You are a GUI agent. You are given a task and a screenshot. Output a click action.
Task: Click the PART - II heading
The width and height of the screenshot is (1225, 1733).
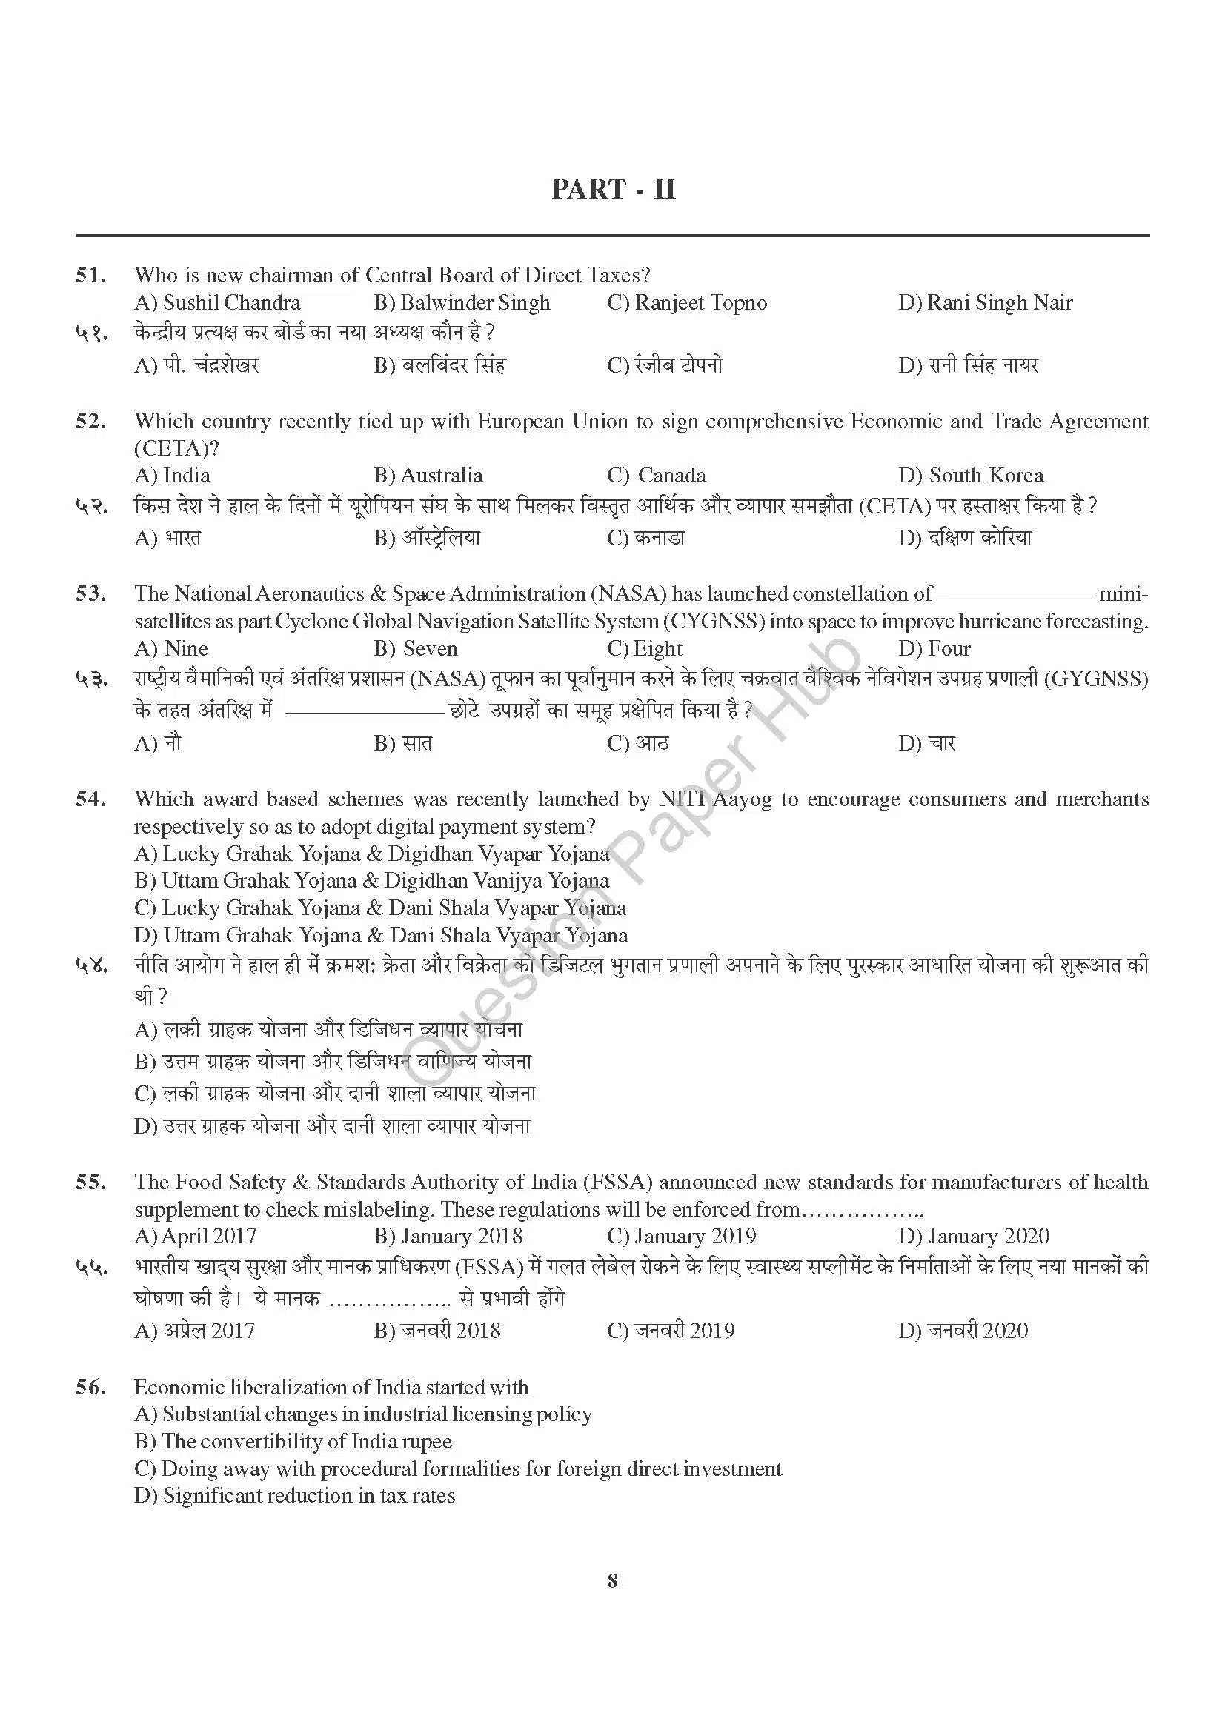pos(613,189)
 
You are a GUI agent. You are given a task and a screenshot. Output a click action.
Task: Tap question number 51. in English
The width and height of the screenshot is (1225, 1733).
pos(90,276)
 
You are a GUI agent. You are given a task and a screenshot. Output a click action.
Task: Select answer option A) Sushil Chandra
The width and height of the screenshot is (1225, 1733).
pos(217,304)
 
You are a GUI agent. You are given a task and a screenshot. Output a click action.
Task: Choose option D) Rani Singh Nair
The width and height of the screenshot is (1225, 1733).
pos(985,304)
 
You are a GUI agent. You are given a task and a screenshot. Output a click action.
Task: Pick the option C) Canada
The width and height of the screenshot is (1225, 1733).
pos(656,476)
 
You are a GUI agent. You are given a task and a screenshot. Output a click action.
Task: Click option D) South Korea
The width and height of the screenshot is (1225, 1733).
pos(971,476)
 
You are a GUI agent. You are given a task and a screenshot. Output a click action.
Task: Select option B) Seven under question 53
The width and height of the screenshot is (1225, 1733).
pos(415,649)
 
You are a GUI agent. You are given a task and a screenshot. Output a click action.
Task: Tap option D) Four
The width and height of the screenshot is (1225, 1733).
pos(934,649)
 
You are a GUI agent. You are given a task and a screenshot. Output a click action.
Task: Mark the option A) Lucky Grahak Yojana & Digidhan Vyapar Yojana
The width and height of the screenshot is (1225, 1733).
pos(371,854)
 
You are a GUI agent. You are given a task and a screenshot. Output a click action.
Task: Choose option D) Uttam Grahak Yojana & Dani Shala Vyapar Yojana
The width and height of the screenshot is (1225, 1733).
pos(380,936)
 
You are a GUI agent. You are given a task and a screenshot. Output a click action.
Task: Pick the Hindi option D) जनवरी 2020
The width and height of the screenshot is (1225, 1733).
pos(963,1331)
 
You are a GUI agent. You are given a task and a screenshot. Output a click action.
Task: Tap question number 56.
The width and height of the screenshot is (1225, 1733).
pos(90,1387)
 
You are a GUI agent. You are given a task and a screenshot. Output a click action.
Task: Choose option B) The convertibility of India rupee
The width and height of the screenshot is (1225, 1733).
pos(293,1442)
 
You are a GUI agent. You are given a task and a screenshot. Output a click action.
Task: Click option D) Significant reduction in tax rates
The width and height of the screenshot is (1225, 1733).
pos(294,1496)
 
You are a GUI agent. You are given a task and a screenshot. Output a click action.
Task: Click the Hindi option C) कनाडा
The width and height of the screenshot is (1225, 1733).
pos(645,538)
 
